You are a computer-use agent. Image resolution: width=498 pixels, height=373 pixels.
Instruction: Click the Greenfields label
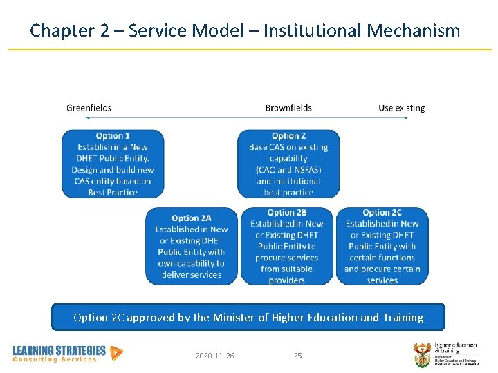coord(89,108)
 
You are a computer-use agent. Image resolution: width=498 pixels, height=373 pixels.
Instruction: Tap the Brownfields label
coord(288,108)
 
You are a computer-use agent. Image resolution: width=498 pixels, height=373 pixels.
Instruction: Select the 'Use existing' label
coord(401,108)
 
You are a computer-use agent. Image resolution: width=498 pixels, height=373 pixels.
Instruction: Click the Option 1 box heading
coord(113,136)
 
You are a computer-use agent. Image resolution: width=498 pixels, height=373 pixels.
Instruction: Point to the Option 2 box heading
coord(288,136)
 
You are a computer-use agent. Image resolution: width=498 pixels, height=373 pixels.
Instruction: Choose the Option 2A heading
coord(192,218)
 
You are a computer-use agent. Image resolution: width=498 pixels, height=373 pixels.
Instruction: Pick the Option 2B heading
coord(286,213)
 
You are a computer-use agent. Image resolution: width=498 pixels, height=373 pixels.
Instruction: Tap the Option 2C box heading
coord(382,213)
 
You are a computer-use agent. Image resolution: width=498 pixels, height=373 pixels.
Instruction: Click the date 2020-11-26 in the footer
coord(214,356)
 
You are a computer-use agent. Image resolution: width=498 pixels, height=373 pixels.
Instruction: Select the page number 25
coord(297,356)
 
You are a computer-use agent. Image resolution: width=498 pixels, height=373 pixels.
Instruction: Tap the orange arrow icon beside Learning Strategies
coord(117,353)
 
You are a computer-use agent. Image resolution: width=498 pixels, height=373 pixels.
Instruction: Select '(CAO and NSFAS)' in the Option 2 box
coord(288,170)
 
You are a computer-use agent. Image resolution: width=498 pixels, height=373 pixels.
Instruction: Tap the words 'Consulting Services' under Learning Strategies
coord(55,360)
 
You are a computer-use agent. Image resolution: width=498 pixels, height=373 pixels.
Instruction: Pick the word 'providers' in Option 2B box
coord(286,280)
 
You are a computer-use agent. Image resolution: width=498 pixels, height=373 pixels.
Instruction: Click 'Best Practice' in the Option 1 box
coord(113,193)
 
